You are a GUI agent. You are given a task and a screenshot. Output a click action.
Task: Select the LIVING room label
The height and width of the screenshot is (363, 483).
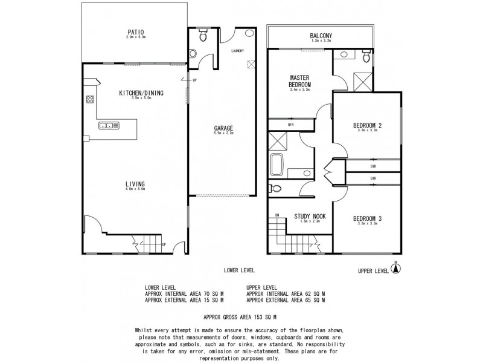135,184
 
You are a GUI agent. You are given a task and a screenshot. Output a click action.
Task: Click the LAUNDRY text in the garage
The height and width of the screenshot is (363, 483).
236,51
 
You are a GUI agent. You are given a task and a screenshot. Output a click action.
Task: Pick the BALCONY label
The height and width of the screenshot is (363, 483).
320,36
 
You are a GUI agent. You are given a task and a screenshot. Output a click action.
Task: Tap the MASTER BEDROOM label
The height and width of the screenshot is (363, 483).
300,81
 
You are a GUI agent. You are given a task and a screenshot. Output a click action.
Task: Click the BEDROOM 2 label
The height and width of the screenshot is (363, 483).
367,126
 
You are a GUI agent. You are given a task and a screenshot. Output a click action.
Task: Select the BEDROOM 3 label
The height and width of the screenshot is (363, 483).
367,218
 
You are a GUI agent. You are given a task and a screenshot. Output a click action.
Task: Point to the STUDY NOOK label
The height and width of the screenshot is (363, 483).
308,216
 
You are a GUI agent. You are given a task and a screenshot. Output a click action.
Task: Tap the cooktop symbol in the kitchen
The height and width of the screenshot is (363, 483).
91,100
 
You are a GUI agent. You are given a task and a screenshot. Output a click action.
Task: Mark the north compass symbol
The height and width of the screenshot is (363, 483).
397,270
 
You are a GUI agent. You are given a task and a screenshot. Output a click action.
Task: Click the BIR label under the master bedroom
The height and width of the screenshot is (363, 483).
290,125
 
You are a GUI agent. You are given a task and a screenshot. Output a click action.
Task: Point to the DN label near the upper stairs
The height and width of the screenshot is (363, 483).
277,214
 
